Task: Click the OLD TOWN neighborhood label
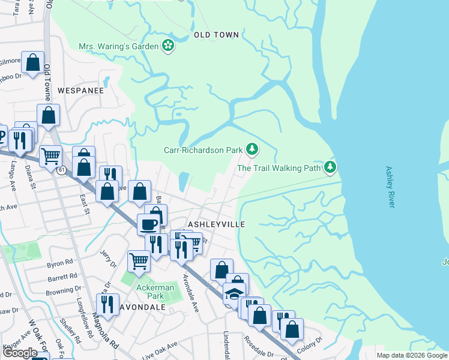click(216, 35)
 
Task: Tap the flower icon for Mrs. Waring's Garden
click(168, 46)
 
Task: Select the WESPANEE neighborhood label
click(80, 91)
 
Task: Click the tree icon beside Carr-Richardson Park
click(253, 149)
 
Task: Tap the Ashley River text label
click(390, 187)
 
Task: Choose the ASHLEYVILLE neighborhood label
click(217, 223)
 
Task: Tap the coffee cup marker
click(148, 224)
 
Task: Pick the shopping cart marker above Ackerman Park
click(139, 261)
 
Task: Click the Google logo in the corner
click(20, 352)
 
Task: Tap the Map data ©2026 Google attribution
click(411, 355)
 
